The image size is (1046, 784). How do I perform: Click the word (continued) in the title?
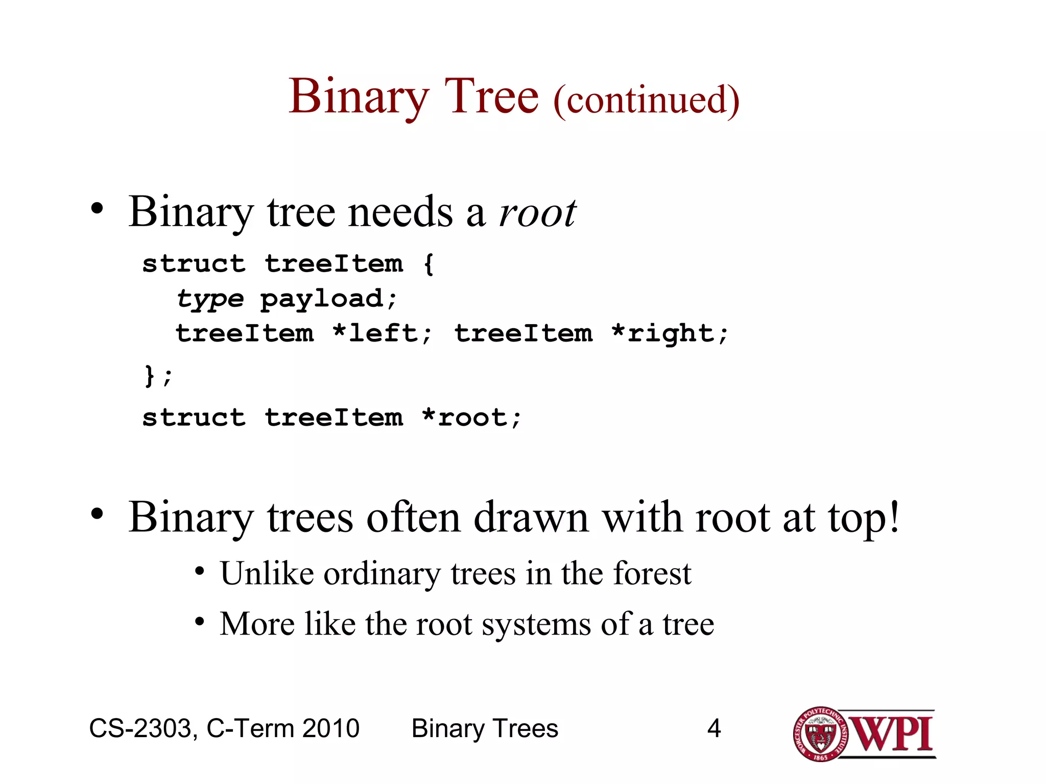646,100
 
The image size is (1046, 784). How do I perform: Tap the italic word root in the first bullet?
537,213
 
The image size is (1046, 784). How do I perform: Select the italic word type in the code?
210,299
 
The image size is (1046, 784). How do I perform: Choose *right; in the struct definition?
669,334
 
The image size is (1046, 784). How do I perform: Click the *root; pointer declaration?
471,418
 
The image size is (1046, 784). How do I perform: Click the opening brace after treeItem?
429,264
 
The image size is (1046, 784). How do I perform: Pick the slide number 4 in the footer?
714,728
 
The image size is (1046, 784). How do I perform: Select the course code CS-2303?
143,728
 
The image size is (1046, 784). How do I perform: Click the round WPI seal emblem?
820,734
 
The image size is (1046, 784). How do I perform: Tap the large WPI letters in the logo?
891,734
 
